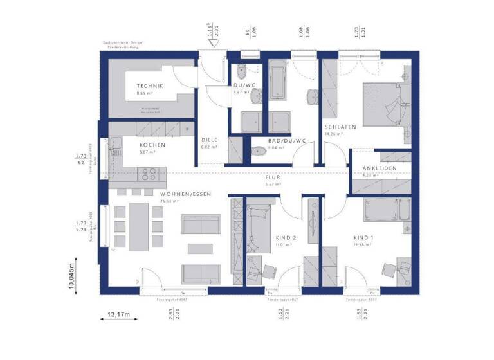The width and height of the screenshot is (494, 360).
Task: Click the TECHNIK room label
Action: click(149, 86)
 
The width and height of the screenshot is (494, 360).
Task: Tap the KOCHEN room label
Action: click(152, 145)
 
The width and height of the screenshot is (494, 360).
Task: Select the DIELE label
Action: click(210, 140)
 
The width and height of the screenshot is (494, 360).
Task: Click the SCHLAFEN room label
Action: click(340, 127)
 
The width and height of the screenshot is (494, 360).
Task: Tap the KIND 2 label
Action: click(285, 237)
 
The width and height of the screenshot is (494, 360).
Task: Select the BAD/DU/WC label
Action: click(288, 139)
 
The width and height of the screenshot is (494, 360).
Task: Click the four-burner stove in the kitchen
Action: click(149, 174)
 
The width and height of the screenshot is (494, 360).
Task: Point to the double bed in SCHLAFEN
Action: click(384, 103)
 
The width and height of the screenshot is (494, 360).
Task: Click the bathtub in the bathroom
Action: click(279, 80)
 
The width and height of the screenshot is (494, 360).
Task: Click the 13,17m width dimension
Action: click(118, 314)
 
